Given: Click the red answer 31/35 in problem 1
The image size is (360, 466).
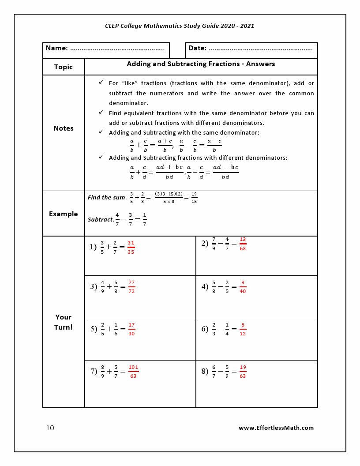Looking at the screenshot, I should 131,247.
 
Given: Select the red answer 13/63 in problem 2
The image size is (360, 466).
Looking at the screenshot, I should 243,244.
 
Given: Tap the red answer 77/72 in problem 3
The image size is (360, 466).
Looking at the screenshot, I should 131,287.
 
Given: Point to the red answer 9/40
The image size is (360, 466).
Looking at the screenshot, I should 243,287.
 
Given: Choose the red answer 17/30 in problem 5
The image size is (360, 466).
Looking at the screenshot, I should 131,329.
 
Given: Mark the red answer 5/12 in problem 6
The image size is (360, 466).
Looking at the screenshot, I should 243,329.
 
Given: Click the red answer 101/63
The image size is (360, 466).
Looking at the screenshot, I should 133,372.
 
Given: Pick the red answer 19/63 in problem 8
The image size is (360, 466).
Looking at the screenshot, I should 243,372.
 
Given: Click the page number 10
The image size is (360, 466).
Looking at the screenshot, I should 50,428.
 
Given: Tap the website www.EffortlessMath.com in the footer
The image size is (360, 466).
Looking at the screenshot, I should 276,428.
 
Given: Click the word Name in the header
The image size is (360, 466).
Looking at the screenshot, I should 56,48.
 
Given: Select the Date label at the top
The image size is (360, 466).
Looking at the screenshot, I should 197,48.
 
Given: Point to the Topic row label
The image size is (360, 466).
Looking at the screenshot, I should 63,67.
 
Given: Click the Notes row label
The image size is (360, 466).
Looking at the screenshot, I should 64,128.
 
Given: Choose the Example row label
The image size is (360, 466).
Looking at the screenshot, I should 63,214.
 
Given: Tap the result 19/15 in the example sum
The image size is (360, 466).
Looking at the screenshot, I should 194,198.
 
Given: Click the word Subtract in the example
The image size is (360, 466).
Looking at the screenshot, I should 100,219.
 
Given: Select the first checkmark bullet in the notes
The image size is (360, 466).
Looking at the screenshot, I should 101,83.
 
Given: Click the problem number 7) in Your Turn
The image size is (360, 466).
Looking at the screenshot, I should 94,371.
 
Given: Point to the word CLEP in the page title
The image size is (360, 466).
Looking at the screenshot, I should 112,26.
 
